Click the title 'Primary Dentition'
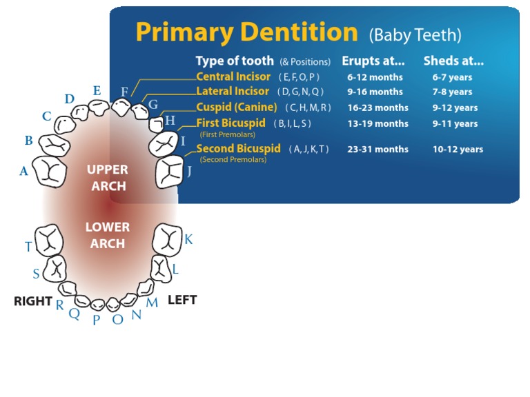246,32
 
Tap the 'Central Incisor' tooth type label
233,77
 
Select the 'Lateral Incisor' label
233,91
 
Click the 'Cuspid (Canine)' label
236,108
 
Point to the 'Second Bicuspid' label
238,149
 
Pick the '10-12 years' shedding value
458,150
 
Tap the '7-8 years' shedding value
452,92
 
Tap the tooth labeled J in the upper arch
169,172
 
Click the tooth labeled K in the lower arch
166,238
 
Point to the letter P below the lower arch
97,320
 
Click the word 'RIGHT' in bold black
33,301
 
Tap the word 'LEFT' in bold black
182,300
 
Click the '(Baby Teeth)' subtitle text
415,34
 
